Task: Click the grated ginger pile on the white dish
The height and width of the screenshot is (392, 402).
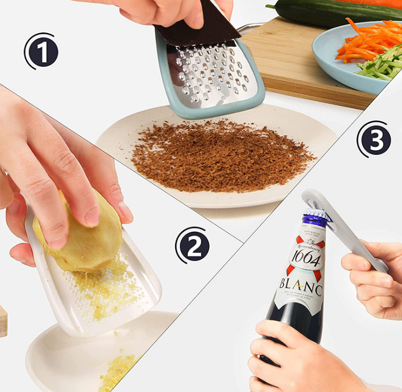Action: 117,371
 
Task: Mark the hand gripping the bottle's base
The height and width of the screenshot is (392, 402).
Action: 294,357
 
